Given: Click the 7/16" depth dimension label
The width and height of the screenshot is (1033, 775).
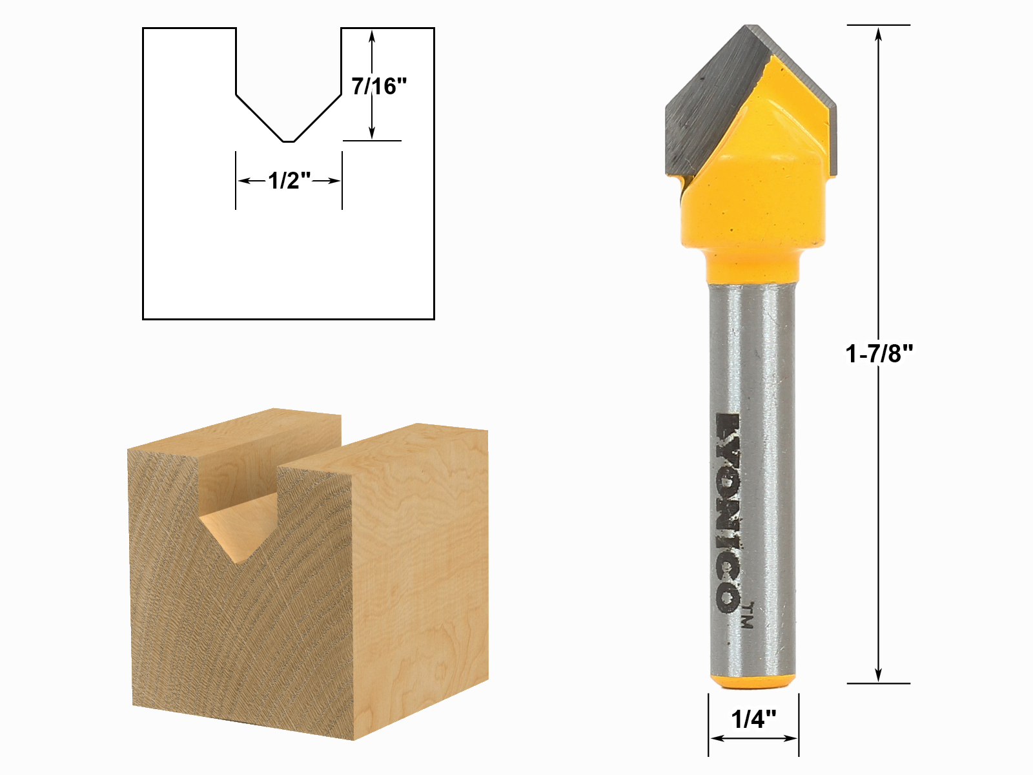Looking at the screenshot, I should (x=379, y=86).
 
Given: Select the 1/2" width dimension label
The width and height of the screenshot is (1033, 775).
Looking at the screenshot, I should (x=289, y=180).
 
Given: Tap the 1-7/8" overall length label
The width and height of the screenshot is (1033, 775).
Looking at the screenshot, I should (x=879, y=353).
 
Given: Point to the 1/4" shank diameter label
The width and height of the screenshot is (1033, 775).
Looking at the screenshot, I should (x=753, y=718).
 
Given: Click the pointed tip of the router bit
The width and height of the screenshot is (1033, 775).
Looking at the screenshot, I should (x=752, y=27).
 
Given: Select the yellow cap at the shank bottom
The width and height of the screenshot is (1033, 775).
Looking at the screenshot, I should (x=753, y=682).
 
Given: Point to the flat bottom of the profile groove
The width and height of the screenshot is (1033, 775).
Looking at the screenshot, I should (x=289, y=141).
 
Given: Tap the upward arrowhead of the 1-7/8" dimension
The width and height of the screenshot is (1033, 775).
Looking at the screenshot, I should (x=878, y=32).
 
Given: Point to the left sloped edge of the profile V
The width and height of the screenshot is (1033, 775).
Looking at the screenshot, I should (x=259, y=118).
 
